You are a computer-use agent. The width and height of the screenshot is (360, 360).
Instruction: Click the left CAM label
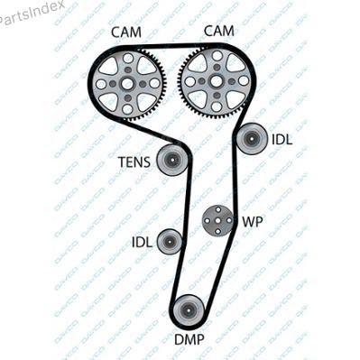[x=126, y=32]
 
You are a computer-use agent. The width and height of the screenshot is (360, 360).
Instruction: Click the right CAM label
[x=218, y=31]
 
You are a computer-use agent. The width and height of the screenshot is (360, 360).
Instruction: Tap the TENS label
[x=134, y=162]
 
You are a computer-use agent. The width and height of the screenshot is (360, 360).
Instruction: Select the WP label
[x=253, y=222]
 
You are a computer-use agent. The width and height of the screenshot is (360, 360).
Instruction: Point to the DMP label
[x=189, y=339]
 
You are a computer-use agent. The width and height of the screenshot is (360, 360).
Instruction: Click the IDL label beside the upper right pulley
[x=282, y=140]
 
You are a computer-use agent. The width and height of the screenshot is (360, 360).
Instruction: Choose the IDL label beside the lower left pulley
[x=143, y=242]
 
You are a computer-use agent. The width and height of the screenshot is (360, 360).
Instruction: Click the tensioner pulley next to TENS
[x=172, y=160]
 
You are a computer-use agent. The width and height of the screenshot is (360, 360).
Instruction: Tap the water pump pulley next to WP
[x=217, y=220]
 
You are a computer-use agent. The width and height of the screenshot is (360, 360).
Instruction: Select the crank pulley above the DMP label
[x=189, y=310]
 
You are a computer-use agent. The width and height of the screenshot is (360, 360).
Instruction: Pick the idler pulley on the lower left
[x=169, y=242]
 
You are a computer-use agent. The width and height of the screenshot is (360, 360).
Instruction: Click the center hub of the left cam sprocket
[x=127, y=84]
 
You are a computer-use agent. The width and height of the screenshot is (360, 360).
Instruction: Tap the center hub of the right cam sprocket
[x=217, y=80]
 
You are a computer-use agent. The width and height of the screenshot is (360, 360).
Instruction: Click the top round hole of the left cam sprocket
[x=128, y=58]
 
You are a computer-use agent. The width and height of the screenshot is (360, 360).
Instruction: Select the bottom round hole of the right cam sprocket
[x=216, y=106]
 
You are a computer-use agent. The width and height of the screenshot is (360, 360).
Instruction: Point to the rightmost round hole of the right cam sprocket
[x=244, y=80]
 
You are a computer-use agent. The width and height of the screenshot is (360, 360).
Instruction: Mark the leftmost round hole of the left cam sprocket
[x=101, y=84]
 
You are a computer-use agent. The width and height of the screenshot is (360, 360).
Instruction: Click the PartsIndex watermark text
[x=31, y=13]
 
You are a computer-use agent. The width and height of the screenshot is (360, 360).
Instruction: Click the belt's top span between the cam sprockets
[x=174, y=46]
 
